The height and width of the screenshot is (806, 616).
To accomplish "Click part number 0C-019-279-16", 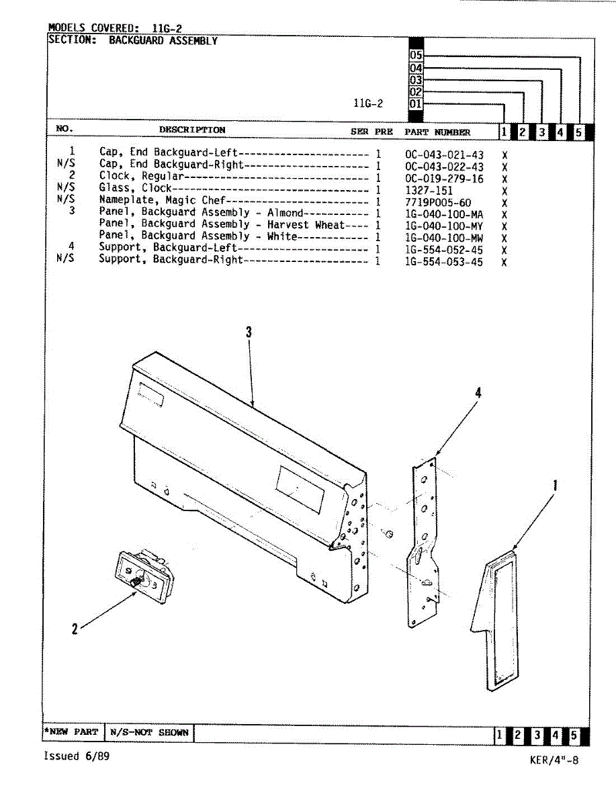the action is (444, 179).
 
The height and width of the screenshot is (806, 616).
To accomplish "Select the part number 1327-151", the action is (429, 191).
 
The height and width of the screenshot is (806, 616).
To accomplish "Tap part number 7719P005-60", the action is (438, 203).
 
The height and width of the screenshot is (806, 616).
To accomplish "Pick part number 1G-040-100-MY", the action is (444, 226).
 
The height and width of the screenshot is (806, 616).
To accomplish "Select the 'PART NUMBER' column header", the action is (437, 132).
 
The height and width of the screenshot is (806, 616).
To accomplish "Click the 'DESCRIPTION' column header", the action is (192, 130).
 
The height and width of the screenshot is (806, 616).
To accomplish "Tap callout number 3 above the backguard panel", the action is (249, 332).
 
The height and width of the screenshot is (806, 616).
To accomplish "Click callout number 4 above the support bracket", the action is (478, 394).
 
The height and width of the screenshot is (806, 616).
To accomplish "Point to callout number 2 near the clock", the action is (75, 629).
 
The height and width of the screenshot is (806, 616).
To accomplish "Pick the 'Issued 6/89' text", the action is (76, 756).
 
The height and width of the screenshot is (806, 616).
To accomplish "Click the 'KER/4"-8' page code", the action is (553, 760).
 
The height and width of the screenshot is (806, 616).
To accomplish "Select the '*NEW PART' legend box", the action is (72, 732).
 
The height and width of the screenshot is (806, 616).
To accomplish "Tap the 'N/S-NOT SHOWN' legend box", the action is (149, 732).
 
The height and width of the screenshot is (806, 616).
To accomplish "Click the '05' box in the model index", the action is (416, 56).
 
